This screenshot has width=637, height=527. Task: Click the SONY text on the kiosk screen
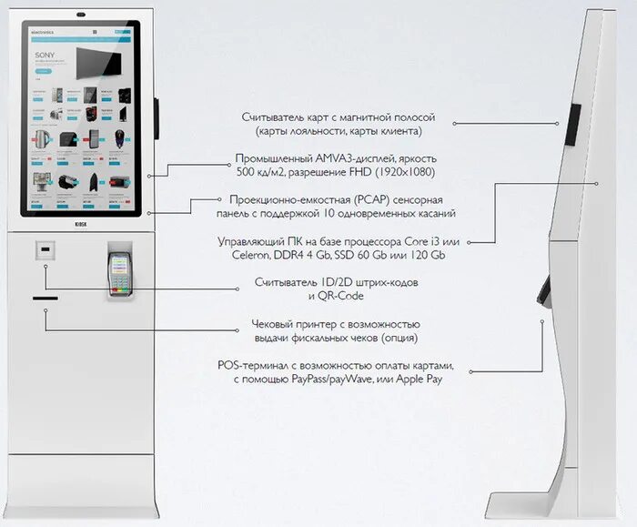point(46,54)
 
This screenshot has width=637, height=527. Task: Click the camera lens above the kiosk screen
point(81,14)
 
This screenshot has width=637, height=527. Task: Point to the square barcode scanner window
point(44,247)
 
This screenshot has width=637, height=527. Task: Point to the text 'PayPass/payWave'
point(320,379)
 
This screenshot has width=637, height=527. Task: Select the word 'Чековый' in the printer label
point(276,324)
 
